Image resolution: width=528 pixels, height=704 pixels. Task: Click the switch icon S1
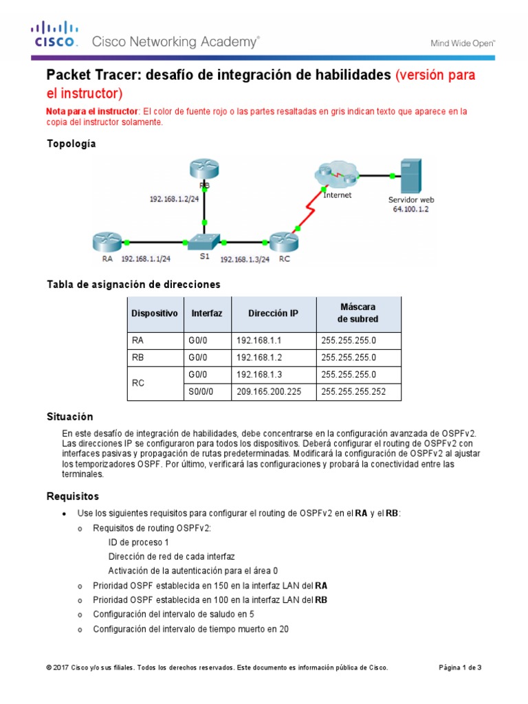point(204,242)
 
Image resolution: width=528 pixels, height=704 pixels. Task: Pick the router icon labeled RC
point(283,242)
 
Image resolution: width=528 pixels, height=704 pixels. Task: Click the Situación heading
point(69,417)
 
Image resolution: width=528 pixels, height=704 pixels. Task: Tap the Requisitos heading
point(72,496)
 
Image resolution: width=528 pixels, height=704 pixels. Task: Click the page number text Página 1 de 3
point(460,668)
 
